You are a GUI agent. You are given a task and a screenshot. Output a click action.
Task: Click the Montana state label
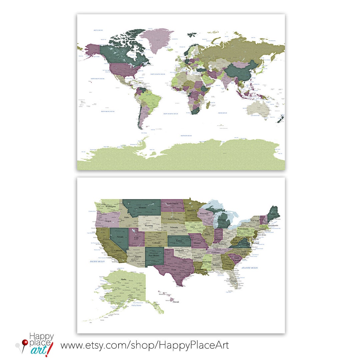pos(143,207)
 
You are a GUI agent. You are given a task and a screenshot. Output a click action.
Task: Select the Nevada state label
pos(120,237)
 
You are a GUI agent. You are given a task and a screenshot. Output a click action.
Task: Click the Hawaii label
pos(176,302)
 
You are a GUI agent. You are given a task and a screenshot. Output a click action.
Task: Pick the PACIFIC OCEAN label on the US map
pos(97,262)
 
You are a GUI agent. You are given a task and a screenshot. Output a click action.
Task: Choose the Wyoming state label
pos(149,226)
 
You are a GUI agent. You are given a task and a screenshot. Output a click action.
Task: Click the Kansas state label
pos(179,240)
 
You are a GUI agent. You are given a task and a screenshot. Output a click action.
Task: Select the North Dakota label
pos(173,203)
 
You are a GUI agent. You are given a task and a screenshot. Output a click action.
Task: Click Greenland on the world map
pos(156,40)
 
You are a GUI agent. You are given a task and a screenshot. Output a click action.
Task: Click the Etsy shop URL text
pos(144,345)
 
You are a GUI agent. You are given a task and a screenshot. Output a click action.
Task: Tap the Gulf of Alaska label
pos(137,305)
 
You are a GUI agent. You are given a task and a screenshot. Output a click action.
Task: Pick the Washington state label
pos(110,206)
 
